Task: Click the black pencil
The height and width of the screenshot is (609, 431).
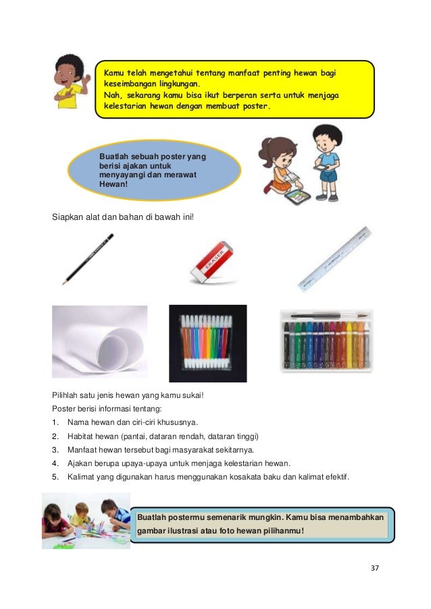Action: pyautogui.click(x=88, y=259)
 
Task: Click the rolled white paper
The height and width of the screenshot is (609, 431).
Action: pyautogui.click(x=99, y=342)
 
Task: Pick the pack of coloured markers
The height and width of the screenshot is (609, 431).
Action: pyautogui.click(x=207, y=343)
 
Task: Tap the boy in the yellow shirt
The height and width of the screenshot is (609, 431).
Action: pyautogui.click(x=70, y=86)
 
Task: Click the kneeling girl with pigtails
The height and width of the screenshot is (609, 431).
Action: pyautogui.click(x=280, y=169)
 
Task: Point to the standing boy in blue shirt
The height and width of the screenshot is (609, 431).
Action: pyautogui.click(x=327, y=162)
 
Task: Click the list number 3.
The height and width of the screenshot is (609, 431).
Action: pyautogui.click(x=55, y=449)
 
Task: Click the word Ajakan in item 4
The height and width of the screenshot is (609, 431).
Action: pyautogui.click(x=80, y=463)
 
